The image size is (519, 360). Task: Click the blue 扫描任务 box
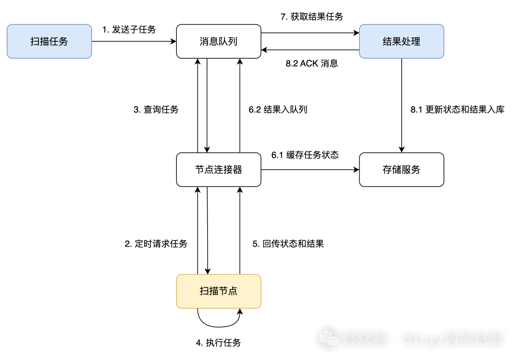pyautogui.click(x=49, y=42)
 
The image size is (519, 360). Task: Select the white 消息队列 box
pyautogui.click(x=219, y=42)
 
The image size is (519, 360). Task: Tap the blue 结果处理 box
pyautogui.click(x=401, y=42)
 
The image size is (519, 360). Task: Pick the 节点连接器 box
pyautogui.click(x=219, y=170)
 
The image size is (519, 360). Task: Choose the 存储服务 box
pyautogui.click(x=401, y=170)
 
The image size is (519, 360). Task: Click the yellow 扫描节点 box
pyautogui.click(x=219, y=291)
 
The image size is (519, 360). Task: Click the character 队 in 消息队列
pyautogui.click(x=223, y=42)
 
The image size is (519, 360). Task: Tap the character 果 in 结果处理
pyautogui.click(x=397, y=42)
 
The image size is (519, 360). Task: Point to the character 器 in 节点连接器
pyautogui.click(x=237, y=170)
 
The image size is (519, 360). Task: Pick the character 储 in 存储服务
pyautogui.click(x=397, y=170)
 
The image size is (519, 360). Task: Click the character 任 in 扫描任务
pyautogui.click(x=54, y=42)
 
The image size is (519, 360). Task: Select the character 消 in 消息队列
pyautogui.click(x=205, y=42)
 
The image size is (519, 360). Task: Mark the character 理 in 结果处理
pyautogui.click(x=416, y=42)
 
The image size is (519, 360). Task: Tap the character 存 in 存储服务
pyautogui.click(x=387, y=170)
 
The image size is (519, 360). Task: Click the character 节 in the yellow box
pyautogui.click(x=223, y=291)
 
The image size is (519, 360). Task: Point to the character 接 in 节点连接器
pyautogui.click(x=228, y=170)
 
